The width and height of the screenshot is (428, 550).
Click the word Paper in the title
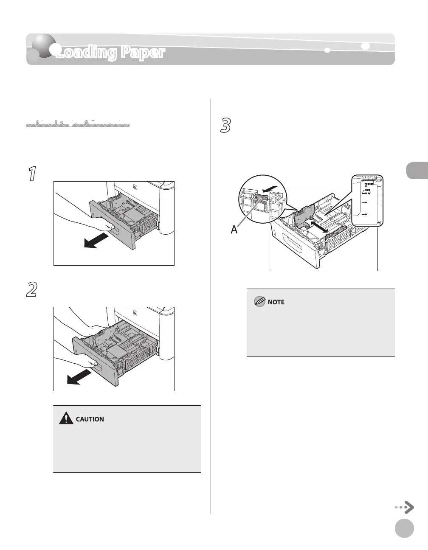143,52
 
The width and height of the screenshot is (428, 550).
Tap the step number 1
31,174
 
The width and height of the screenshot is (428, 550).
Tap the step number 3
226,126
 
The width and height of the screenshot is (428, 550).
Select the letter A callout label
234,230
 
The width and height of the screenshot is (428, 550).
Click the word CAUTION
90,419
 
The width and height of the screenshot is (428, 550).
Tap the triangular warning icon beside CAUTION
66,419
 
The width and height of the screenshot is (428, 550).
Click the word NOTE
276,302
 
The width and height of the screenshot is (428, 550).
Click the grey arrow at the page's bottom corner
405,507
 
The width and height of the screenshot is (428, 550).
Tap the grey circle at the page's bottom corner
404,528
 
